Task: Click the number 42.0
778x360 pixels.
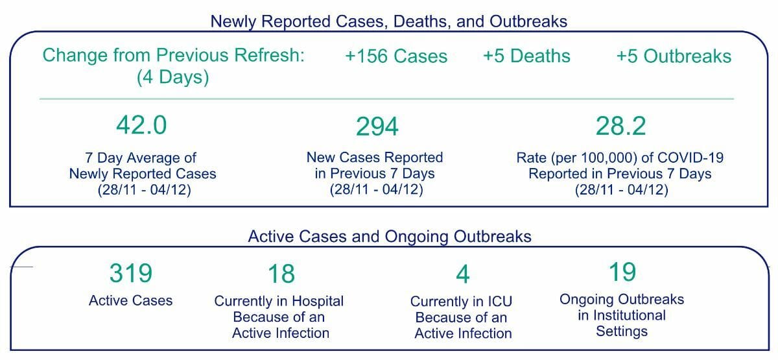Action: [141, 125]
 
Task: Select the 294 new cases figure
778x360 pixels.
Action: [377, 126]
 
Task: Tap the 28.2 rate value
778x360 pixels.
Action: [620, 126]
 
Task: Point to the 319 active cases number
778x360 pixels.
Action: [131, 273]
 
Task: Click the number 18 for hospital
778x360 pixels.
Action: [281, 274]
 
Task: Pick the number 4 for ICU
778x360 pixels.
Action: [463, 274]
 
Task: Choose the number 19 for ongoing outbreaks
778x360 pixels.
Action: [622, 272]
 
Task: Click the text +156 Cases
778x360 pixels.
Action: [396, 56]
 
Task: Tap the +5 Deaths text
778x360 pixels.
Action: [526, 56]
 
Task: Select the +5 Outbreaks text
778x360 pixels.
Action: [674, 56]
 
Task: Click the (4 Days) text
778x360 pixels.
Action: [172, 77]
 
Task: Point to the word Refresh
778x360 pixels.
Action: [269, 55]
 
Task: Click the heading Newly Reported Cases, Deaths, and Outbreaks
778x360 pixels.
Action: [388, 21]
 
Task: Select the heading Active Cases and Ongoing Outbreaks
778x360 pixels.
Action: [390, 237]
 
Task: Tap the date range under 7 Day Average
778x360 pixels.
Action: [144, 189]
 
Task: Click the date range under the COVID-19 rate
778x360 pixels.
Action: [621, 189]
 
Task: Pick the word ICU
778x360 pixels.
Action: [499, 301]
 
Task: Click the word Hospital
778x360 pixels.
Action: [318, 301]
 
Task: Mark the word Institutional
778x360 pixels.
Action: [630, 315]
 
